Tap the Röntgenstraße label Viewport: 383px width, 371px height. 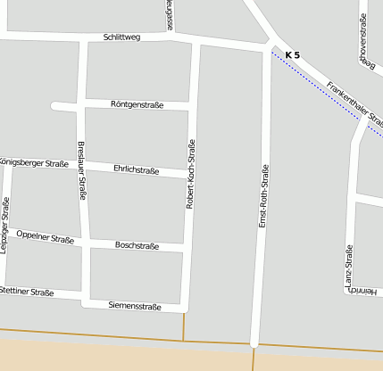click(x=137, y=105)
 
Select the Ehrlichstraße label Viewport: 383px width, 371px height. click(x=137, y=169)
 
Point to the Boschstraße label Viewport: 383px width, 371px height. click(x=137, y=245)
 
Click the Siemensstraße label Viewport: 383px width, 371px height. click(x=135, y=307)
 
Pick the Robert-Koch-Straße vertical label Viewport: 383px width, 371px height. click(x=190, y=174)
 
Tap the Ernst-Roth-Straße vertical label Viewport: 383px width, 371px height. click(x=263, y=194)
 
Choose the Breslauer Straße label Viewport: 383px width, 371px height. click(x=81, y=169)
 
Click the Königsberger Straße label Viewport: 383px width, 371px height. click(x=34, y=163)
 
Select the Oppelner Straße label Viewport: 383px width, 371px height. click(x=45, y=238)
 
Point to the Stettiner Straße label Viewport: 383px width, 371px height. click(x=27, y=292)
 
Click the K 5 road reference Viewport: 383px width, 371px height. click(x=293, y=56)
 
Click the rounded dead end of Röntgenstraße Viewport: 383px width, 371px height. click(x=56, y=105)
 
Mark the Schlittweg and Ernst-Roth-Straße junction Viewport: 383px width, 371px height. click(x=270, y=42)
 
